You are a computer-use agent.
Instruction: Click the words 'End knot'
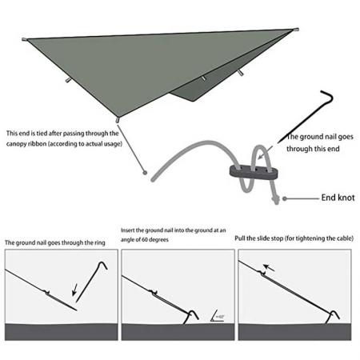click(337, 196)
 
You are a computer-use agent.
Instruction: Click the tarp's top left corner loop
click(23, 40)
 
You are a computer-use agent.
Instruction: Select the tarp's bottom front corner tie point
click(118, 121)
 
